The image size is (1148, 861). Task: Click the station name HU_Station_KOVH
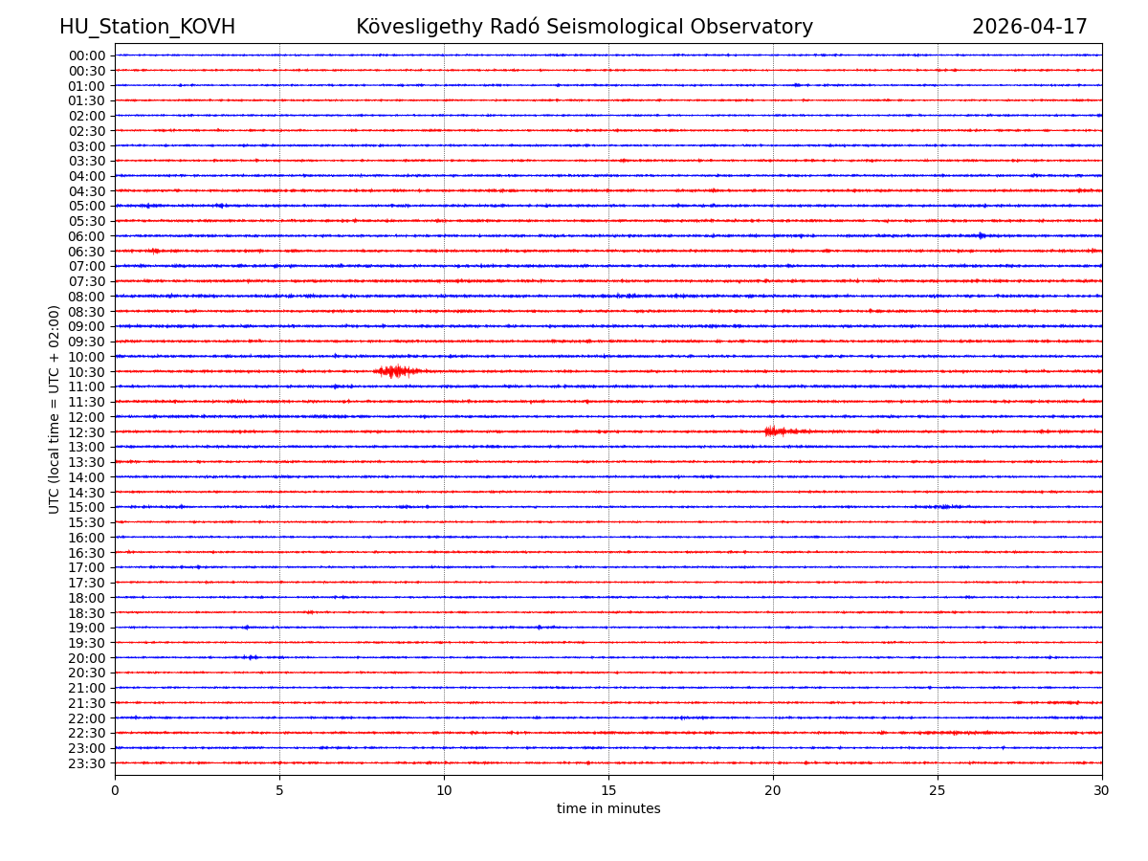click(147, 28)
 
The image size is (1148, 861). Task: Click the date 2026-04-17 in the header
click(1029, 28)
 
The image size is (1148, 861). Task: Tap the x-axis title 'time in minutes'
click(608, 809)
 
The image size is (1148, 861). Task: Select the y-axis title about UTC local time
click(55, 409)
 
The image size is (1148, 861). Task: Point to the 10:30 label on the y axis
click(87, 372)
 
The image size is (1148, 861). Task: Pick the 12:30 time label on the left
click(87, 432)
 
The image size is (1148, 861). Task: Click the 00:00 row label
click(87, 55)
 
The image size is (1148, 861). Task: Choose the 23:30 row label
click(87, 763)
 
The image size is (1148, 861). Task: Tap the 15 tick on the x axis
click(608, 790)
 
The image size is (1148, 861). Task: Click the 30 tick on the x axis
click(1102, 790)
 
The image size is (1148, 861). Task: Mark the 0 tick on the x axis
click(115, 790)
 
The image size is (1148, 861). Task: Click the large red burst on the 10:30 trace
click(396, 371)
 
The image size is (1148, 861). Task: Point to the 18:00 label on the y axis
click(87, 598)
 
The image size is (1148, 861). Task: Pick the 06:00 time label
click(87, 236)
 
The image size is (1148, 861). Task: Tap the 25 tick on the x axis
click(938, 790)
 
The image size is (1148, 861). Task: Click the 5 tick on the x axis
click(279, 790)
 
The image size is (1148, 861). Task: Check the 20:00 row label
click(87, 658)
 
